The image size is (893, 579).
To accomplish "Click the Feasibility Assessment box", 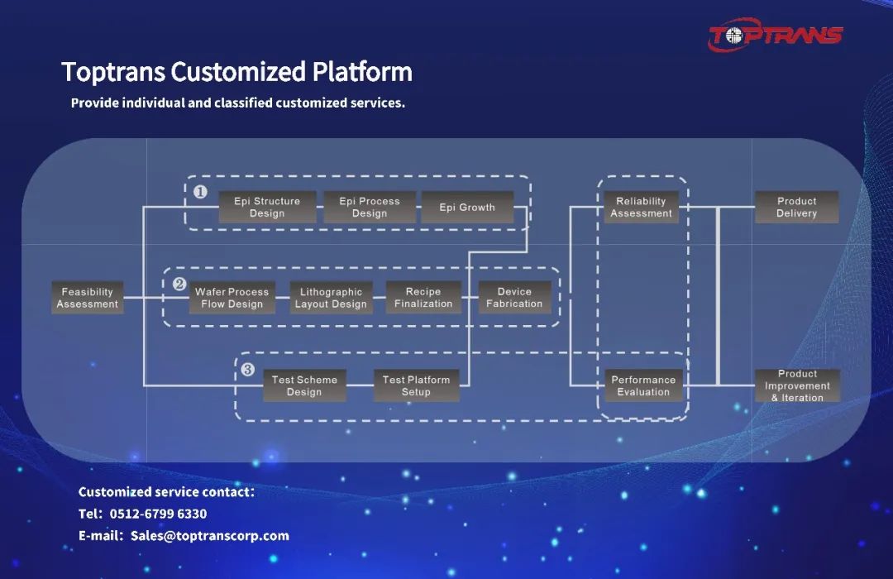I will (x=88, y=298).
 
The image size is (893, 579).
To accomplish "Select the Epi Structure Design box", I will (x=267, y=207).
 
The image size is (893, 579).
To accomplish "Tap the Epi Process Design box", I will (x=370, y=207).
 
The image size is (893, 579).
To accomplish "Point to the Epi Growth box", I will (x=467, y=207).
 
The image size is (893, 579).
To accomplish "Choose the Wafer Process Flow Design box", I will (x=232, y=298).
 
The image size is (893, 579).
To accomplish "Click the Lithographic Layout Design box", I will (x=331, y=298).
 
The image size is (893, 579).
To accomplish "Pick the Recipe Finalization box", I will (x=423, y=298).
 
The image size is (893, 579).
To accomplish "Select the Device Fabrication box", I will (x=514, y=298).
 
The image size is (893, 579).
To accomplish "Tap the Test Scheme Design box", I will (x=304, y=385).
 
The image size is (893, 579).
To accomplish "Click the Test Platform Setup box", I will (x=416, y=385).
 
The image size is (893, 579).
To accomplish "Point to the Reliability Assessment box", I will (x=641, y=207).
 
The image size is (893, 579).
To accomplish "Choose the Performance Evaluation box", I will (x=643, y=385).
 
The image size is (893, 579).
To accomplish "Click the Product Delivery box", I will (x=796, y=207).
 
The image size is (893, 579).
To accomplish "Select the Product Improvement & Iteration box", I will (x=797, y=385).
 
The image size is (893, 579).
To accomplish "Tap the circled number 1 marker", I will (x=200, y=192).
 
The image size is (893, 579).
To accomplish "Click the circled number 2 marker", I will (x=179, y=284).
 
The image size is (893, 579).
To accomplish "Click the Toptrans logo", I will (x=775, y=36).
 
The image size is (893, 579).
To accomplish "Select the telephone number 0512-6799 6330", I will (x=158, y=514).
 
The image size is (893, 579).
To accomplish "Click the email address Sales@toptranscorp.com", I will (x=210, y=535).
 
